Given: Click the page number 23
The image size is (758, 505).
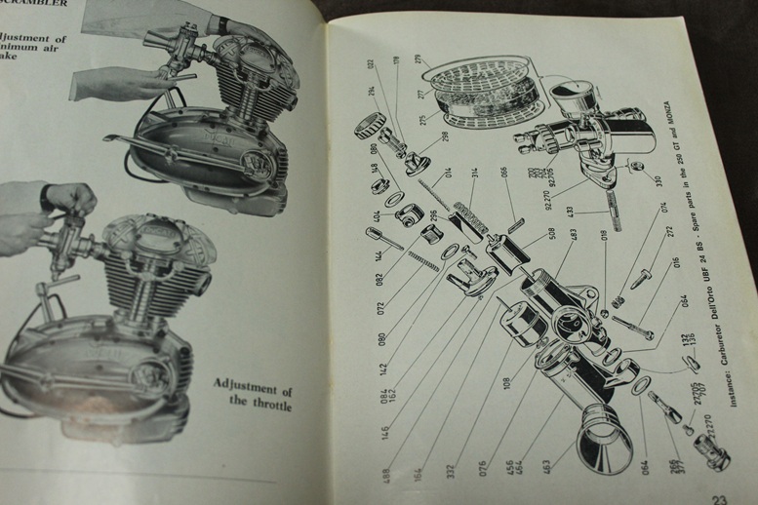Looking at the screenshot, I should [720, 497].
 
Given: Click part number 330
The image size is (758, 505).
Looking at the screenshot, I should [658, 182].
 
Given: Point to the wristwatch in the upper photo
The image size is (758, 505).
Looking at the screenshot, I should [223, 24].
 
